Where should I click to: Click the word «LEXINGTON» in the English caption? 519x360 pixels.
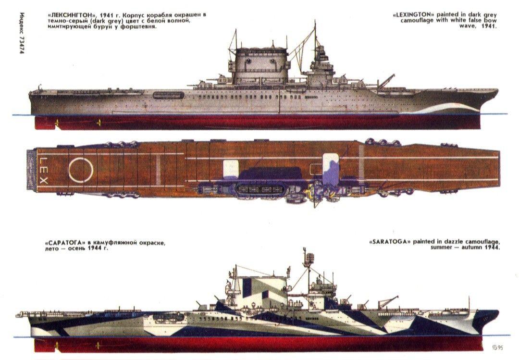(413, 14)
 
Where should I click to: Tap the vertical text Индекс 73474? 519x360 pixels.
(22, 33)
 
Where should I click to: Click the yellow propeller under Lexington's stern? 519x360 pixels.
(98, 123)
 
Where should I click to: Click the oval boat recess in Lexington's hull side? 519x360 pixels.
(168, 95)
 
